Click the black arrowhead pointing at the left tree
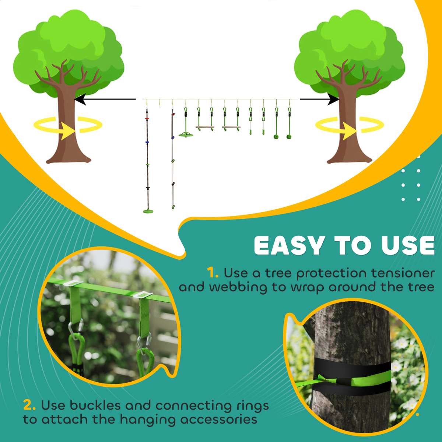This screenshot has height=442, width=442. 80,99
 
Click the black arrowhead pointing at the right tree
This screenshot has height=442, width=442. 334,99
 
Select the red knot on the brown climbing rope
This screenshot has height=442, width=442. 147,119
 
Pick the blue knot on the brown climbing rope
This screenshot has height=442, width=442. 147,142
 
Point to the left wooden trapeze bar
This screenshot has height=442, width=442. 205,127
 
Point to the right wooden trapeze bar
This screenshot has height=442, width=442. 231,127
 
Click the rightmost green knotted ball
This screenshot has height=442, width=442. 289,137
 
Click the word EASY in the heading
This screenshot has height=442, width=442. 289,246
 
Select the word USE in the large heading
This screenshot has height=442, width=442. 408,246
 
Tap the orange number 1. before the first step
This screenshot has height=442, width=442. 213,273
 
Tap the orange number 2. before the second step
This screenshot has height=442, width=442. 29,405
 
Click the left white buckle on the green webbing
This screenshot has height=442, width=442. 73,283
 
